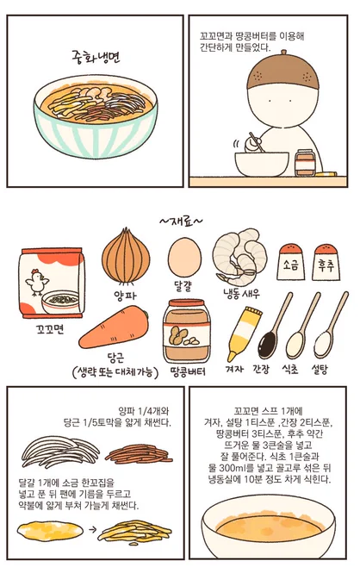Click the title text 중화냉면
(x=96, y=56)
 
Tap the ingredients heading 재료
(x=180, y=222)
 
